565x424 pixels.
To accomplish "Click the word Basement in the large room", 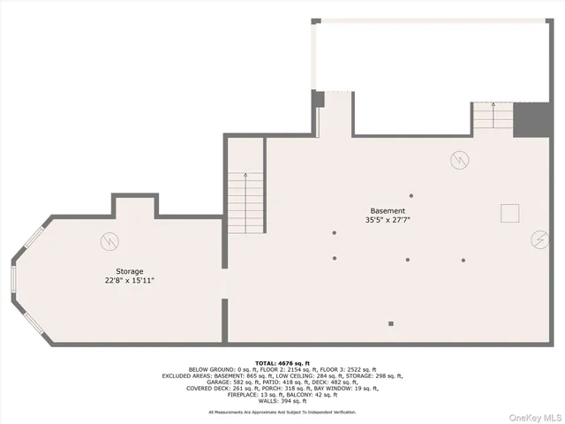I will tap(388, 211).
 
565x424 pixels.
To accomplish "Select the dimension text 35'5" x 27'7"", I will tap(388, 220).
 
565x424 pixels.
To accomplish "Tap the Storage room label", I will tap(129, 271).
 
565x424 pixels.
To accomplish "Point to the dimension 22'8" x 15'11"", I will tap(129, 280).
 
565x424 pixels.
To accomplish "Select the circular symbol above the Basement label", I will tap(459, 160).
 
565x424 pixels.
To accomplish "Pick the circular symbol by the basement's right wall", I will tap(539, 239).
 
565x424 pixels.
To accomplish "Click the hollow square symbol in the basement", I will tap(509, 213).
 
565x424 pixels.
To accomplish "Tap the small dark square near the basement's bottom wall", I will tap(391, 323).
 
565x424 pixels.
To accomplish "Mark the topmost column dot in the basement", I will tap(411, 195).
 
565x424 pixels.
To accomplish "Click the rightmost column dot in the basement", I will tap(463, 260).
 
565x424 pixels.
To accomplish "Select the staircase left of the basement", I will tap(245, 201).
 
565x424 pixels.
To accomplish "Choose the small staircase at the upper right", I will tap(493, 116).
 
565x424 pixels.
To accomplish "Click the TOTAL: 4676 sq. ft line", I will tap(282, 363).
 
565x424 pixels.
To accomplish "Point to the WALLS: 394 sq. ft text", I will tap(282, 400).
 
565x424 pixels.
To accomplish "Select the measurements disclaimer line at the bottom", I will tap(282, 413).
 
